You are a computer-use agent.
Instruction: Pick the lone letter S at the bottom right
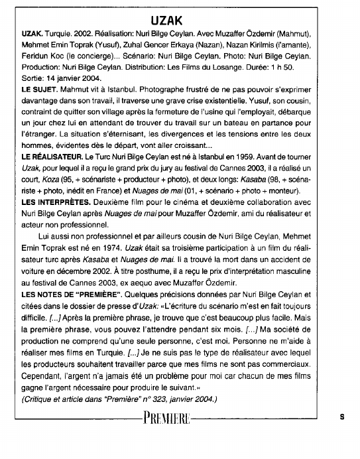[x=342, y=417]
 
